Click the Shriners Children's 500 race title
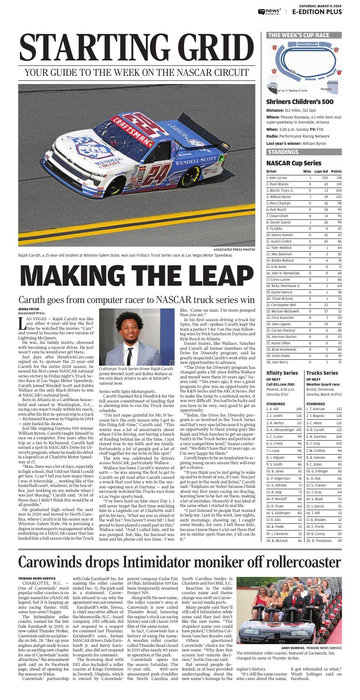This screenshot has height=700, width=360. click(x=300, y=102)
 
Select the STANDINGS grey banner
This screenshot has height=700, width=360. click(x=283, y=152)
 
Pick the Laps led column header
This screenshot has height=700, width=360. click(x=321, y=171)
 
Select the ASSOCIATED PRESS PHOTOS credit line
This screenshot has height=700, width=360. click(x=234, y=250)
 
